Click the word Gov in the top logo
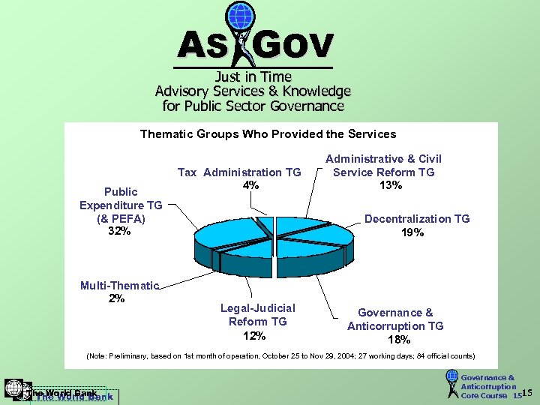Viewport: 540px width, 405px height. coord(293,46)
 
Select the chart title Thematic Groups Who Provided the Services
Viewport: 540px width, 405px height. coord(268,134)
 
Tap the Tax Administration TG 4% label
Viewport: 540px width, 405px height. coord(239,178)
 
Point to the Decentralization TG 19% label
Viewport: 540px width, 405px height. coord(417,225)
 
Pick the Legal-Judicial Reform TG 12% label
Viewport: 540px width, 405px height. coord(257,322)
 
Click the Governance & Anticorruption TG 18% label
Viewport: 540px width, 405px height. coord(395,325)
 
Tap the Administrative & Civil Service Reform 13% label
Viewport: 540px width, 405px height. coord(383,172)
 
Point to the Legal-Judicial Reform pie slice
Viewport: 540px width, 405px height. coord(256,259)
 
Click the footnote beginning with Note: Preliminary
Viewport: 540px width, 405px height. coord(280,355)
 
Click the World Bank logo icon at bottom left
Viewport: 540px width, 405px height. coord(13,388)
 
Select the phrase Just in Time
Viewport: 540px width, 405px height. coord(253,76)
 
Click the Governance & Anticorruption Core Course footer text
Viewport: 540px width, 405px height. coord(488,386)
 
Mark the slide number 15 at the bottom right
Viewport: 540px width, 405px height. coord(526,393)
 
